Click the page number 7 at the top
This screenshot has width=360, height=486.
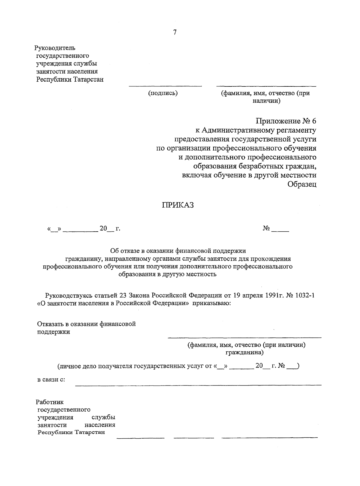(175, 33)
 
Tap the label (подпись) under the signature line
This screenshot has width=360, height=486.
(163, 93)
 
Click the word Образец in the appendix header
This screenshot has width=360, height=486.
(302, 184)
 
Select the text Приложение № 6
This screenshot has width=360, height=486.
(286, 121)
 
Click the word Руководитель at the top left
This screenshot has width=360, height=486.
(55, 48)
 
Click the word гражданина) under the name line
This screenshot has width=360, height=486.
(244, 352)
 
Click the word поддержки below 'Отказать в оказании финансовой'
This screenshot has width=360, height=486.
(53, 332)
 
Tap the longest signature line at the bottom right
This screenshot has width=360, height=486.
(269, 438)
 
